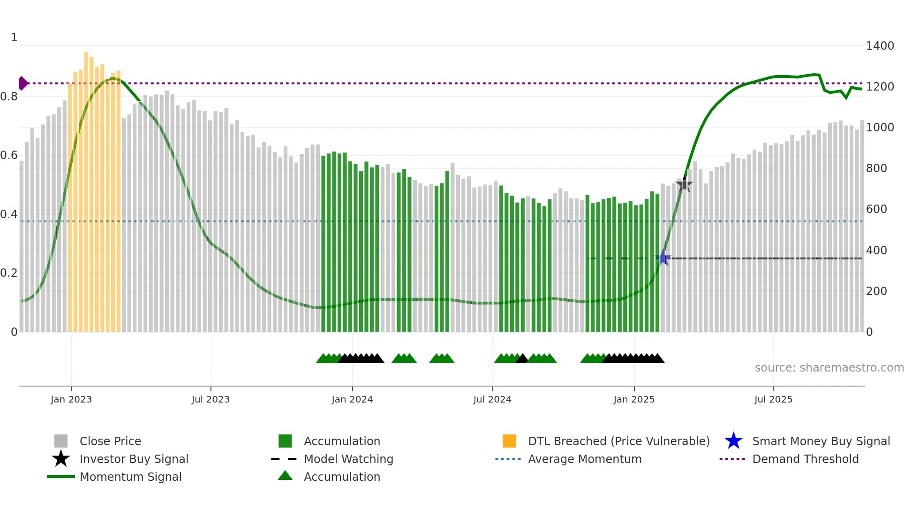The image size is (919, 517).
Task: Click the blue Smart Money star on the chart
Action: coord(663,258)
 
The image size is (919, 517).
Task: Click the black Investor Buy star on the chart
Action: coord(685,184)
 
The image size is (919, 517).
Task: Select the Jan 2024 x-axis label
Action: coord(352,399)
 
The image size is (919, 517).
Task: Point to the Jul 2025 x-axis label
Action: coord(773,399)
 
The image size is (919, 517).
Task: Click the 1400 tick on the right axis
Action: coord(880,46)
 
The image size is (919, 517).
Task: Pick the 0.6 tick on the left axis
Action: coord(9,155)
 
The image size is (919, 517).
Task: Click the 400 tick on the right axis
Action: coord(876,250)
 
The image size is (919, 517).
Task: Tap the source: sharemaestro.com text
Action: coord(829,368)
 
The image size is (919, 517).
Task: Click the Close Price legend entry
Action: coord(110,441)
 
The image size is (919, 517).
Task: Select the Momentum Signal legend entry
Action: coord(130,477)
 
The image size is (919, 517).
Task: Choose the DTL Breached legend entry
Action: coord(618,441)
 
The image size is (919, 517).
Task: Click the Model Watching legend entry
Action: coord(348,459)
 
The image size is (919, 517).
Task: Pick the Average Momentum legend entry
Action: coord(584,459)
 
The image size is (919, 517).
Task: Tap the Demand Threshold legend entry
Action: coord(805,459)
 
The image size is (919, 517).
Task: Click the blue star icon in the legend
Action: coord(733,441)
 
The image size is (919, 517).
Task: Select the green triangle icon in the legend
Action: coord(285,476)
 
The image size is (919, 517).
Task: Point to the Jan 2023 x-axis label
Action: coord(71,399)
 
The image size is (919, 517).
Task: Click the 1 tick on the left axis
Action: coord(14,38)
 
